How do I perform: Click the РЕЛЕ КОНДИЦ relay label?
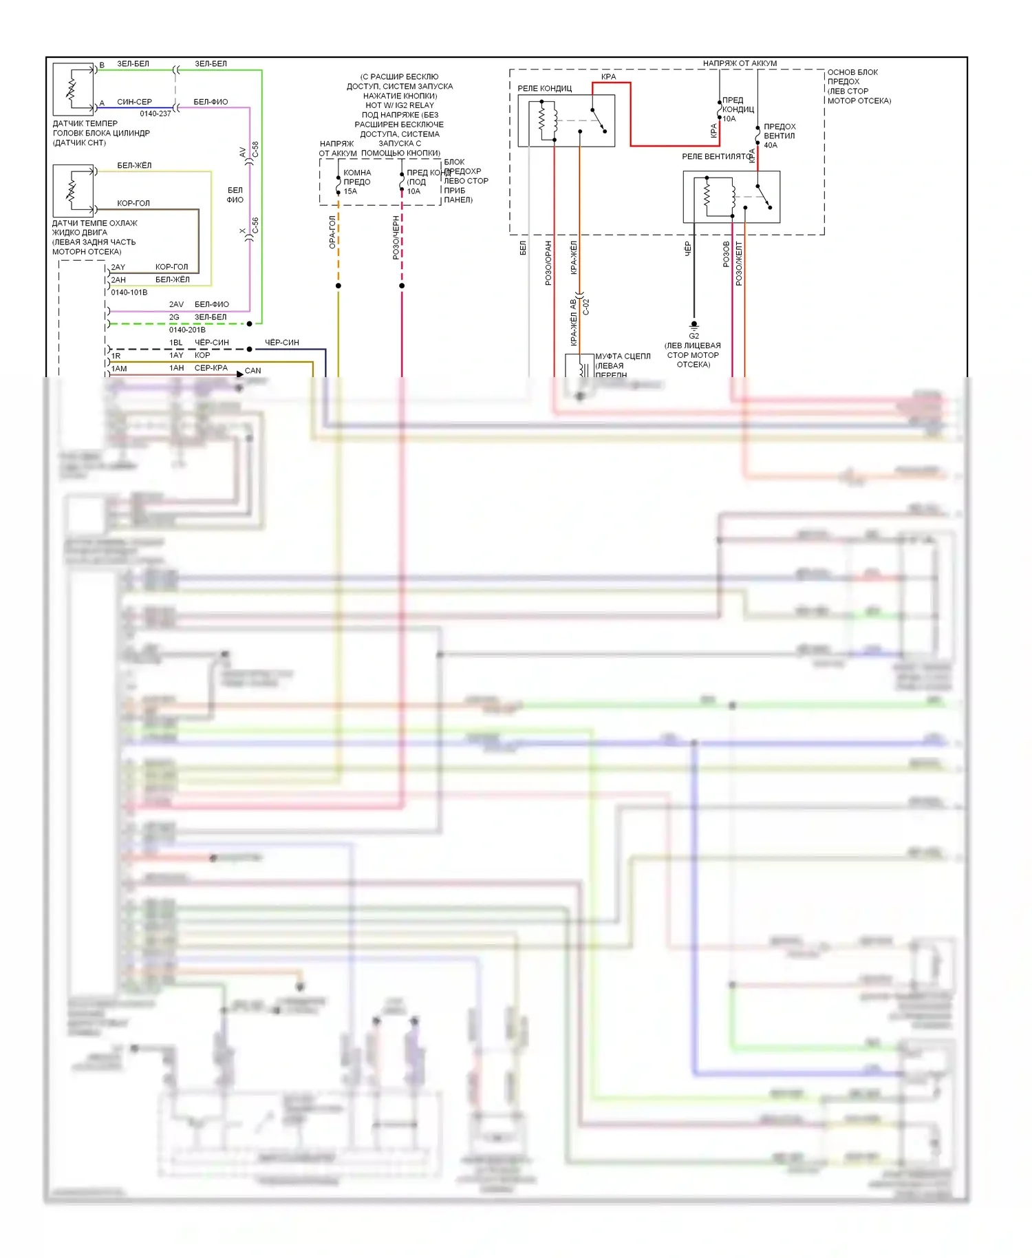point(544,88)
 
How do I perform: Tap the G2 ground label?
point(694,336)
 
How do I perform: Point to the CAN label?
point(252,370)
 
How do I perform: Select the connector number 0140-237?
point(155,114)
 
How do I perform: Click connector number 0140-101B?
point(129,292)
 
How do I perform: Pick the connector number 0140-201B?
point(187,330)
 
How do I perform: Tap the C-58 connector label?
point(255,149)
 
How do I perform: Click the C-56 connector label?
point(255,226)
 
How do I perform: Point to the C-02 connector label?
point(586,306)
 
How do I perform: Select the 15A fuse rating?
point(350,191)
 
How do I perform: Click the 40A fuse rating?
point(771,145)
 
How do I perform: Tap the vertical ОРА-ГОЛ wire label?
point(332,232)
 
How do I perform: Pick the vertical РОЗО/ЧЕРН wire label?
point(396,237)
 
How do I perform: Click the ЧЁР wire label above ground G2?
point(687,249)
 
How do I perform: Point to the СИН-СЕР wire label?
point(134,102)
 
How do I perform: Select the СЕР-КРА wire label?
point(211,368)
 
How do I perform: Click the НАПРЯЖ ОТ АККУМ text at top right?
point(740,63)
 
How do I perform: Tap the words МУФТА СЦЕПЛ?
point(623,356)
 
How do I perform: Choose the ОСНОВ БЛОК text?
point(852,72)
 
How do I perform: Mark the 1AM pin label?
point(119,369)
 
